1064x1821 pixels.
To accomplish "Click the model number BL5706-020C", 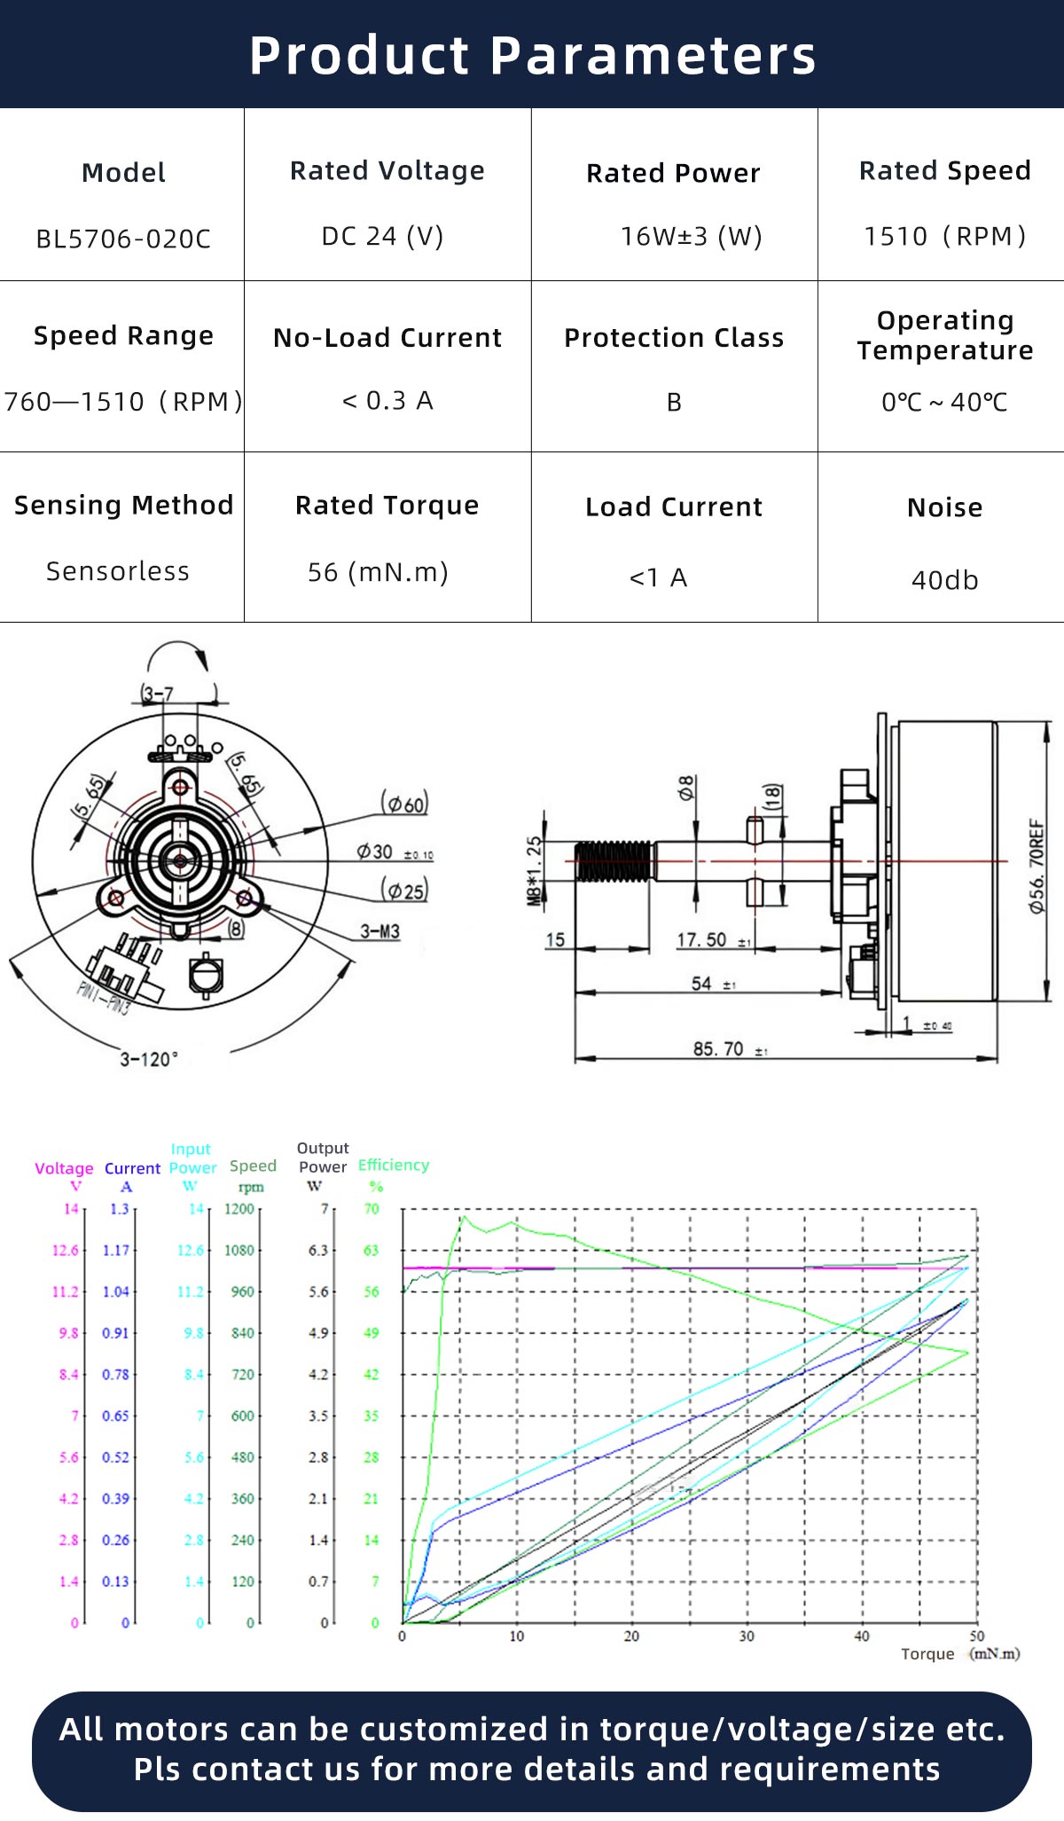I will [x=123, y=239].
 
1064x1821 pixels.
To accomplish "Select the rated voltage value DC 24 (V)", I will [x=382, y=236].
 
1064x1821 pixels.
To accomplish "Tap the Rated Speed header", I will [x=944, y=170].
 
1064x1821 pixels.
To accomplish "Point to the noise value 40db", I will [x=944, y=580].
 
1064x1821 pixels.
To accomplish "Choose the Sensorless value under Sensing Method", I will [x=118, y=571].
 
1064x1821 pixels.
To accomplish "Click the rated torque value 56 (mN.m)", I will [x=378, y=572].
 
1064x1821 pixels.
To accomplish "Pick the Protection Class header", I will [x=674, y=338].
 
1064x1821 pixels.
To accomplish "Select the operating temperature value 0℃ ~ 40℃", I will [x=944, y=402].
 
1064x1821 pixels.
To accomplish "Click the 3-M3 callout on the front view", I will [x=379, y=931].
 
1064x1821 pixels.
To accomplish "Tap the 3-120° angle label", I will [x=149, y=1059].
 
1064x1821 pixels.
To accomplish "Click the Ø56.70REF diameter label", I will [x=1037, y=867].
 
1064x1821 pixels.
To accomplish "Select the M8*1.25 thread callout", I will [x=535, y=871].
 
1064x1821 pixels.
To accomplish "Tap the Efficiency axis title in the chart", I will [x=393, y=1165].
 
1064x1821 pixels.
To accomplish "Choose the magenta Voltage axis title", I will [x=64, y=1168].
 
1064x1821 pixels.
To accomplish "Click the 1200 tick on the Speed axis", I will [x=239, y=1209].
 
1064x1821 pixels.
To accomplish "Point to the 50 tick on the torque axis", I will [x=976, y=1637].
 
